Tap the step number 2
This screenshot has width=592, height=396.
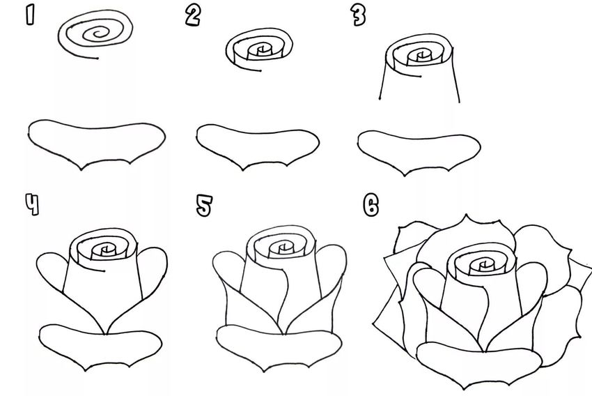pyautogui.click(x=193, y=17)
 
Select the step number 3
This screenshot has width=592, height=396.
pyautogui.click(x=358, y=17)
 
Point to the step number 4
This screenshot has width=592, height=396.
pyautogui.click(x=32, y=205)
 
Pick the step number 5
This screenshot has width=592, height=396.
pyautogui.click(x=204, y=206)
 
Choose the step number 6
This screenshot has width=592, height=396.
pyautogui.click(x=371, y=206)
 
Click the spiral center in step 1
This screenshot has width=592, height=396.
pyautogui.click(x=98, y=33)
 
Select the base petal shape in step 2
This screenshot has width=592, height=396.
pyautogui.click(x=258, y=146)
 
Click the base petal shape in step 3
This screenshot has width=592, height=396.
pyautogui.click(x=419, y=152)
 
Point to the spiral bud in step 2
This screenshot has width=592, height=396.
pyautogui.click(x=259, y=51)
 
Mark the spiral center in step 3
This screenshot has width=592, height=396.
pyautogui.click(x=420, y=56)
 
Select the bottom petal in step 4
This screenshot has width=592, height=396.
pyautogui.click(x=100, y=346)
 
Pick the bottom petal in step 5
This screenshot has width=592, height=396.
pyautogui.click(x=279, y=348)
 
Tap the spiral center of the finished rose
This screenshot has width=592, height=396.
pyautogui.click(x=483, y=264)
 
